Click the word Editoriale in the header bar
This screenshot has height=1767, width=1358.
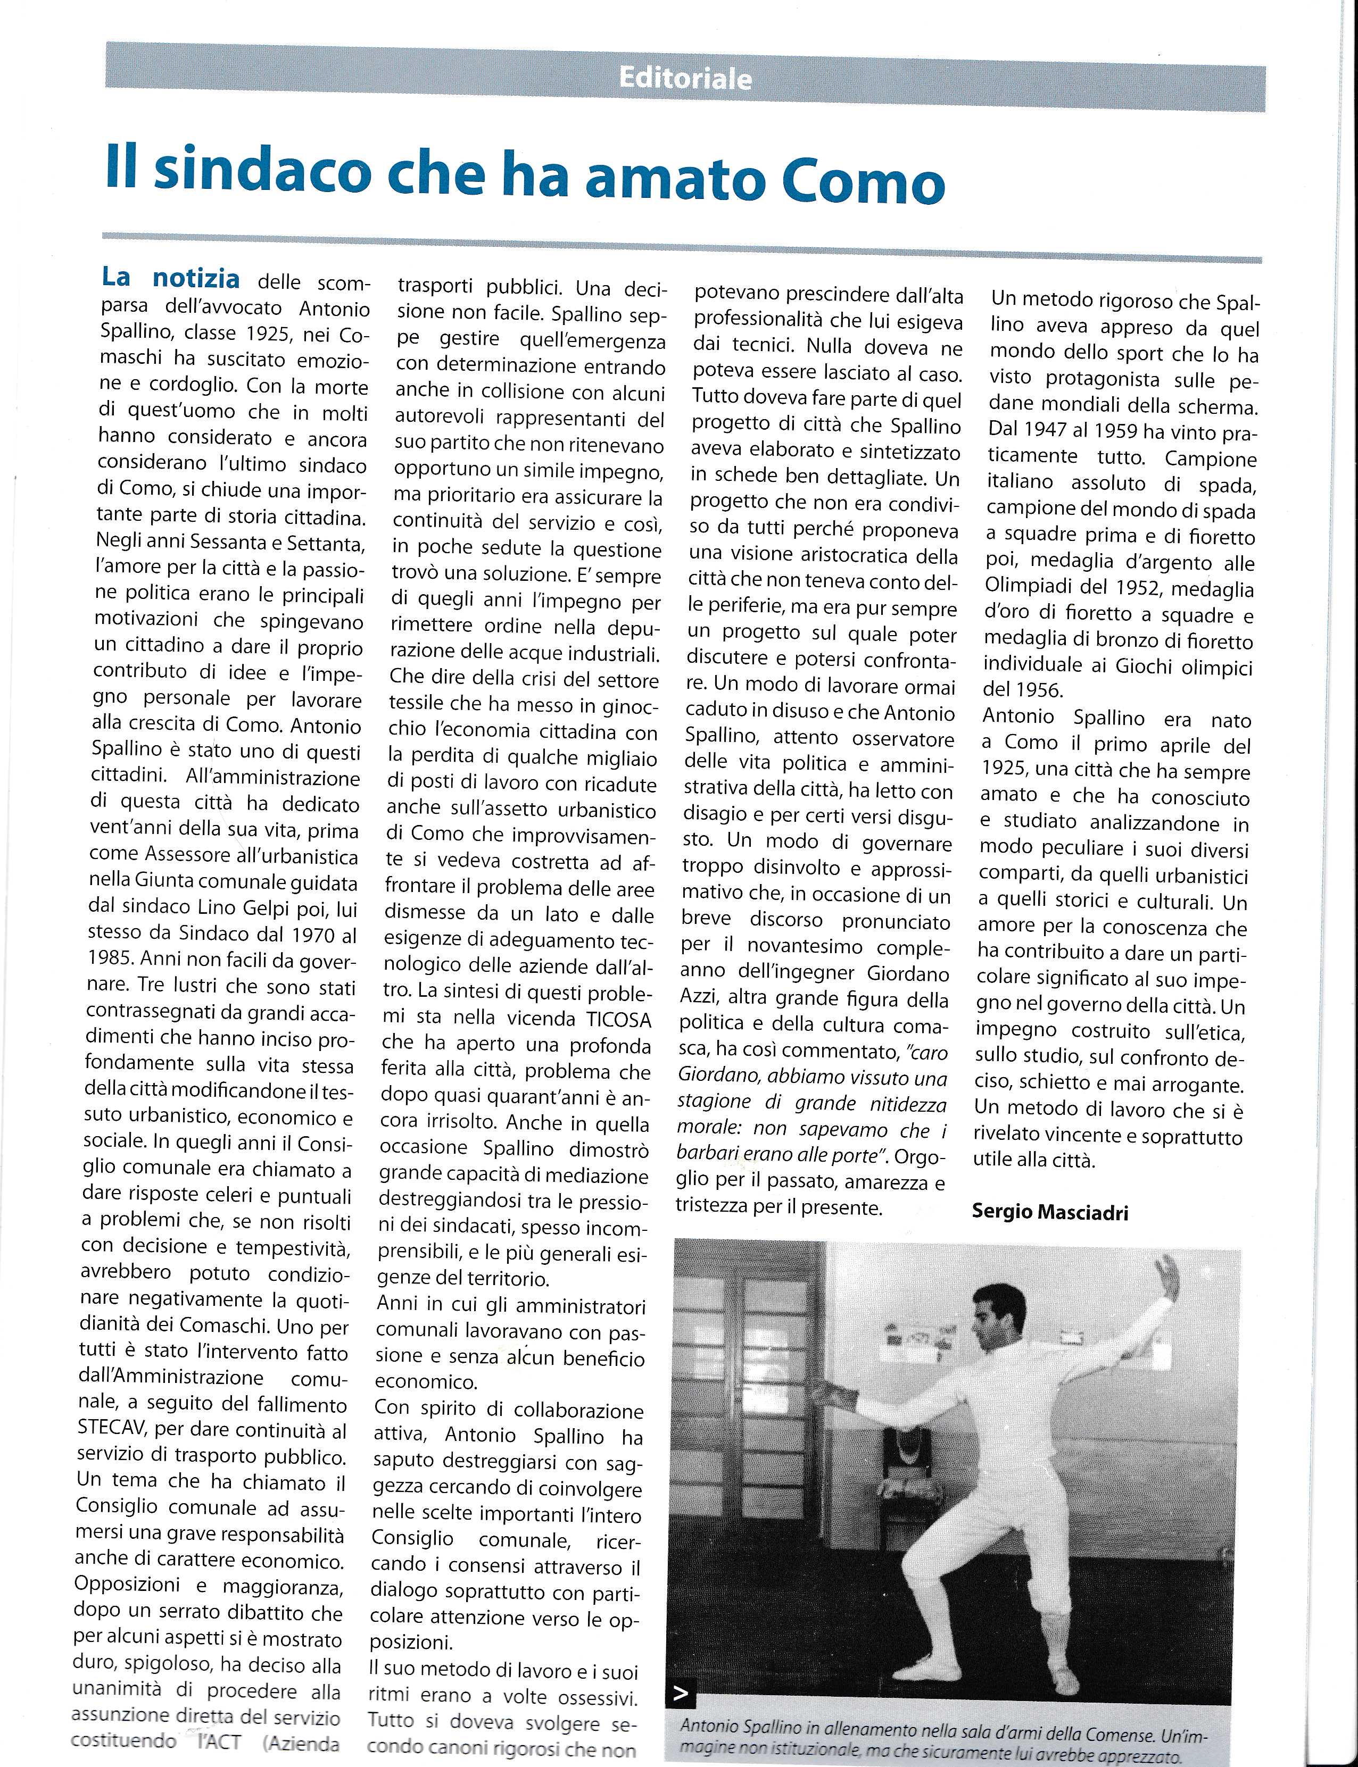click(685, 78)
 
